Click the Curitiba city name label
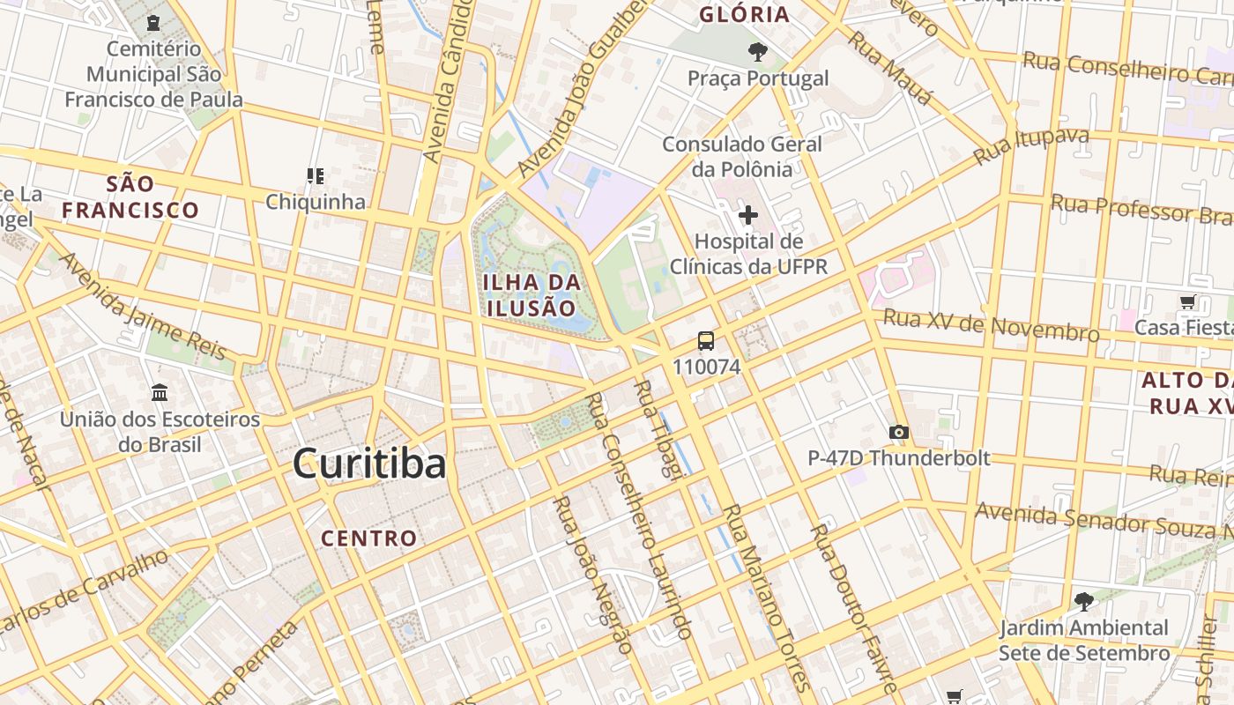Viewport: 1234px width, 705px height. click(x=369, y=464)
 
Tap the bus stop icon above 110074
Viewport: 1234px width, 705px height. click(x=706, y=341)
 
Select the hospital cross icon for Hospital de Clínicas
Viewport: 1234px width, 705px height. click(x=748, y=215)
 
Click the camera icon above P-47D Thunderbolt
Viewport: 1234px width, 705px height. click(x=899, y=432)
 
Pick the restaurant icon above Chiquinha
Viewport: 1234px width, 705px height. click(x=315, y=176)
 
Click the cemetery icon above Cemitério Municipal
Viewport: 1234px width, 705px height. click(x=154, y=22)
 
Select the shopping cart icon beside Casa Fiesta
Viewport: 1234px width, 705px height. click(x=1188, y=302)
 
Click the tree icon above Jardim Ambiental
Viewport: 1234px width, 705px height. click(x=1083, y=602)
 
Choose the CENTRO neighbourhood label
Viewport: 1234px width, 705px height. click(x=368, y=538)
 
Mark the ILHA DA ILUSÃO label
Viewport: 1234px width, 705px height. click(x=532, y=295)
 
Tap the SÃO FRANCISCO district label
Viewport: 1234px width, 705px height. click(x=130, y=197)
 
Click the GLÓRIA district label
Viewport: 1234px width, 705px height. click(x=744, y=15)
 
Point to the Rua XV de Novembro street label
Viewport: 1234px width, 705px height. click(x=991, y=325)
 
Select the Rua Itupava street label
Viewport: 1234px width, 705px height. click(x=1030, y=146)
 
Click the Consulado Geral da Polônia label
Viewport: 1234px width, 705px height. click(x=729, y=156)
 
